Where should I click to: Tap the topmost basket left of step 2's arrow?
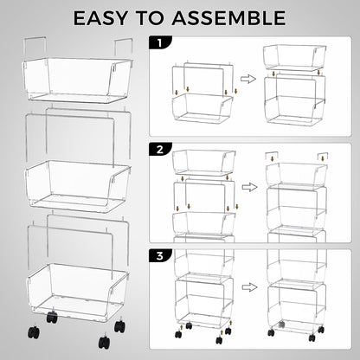202,161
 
